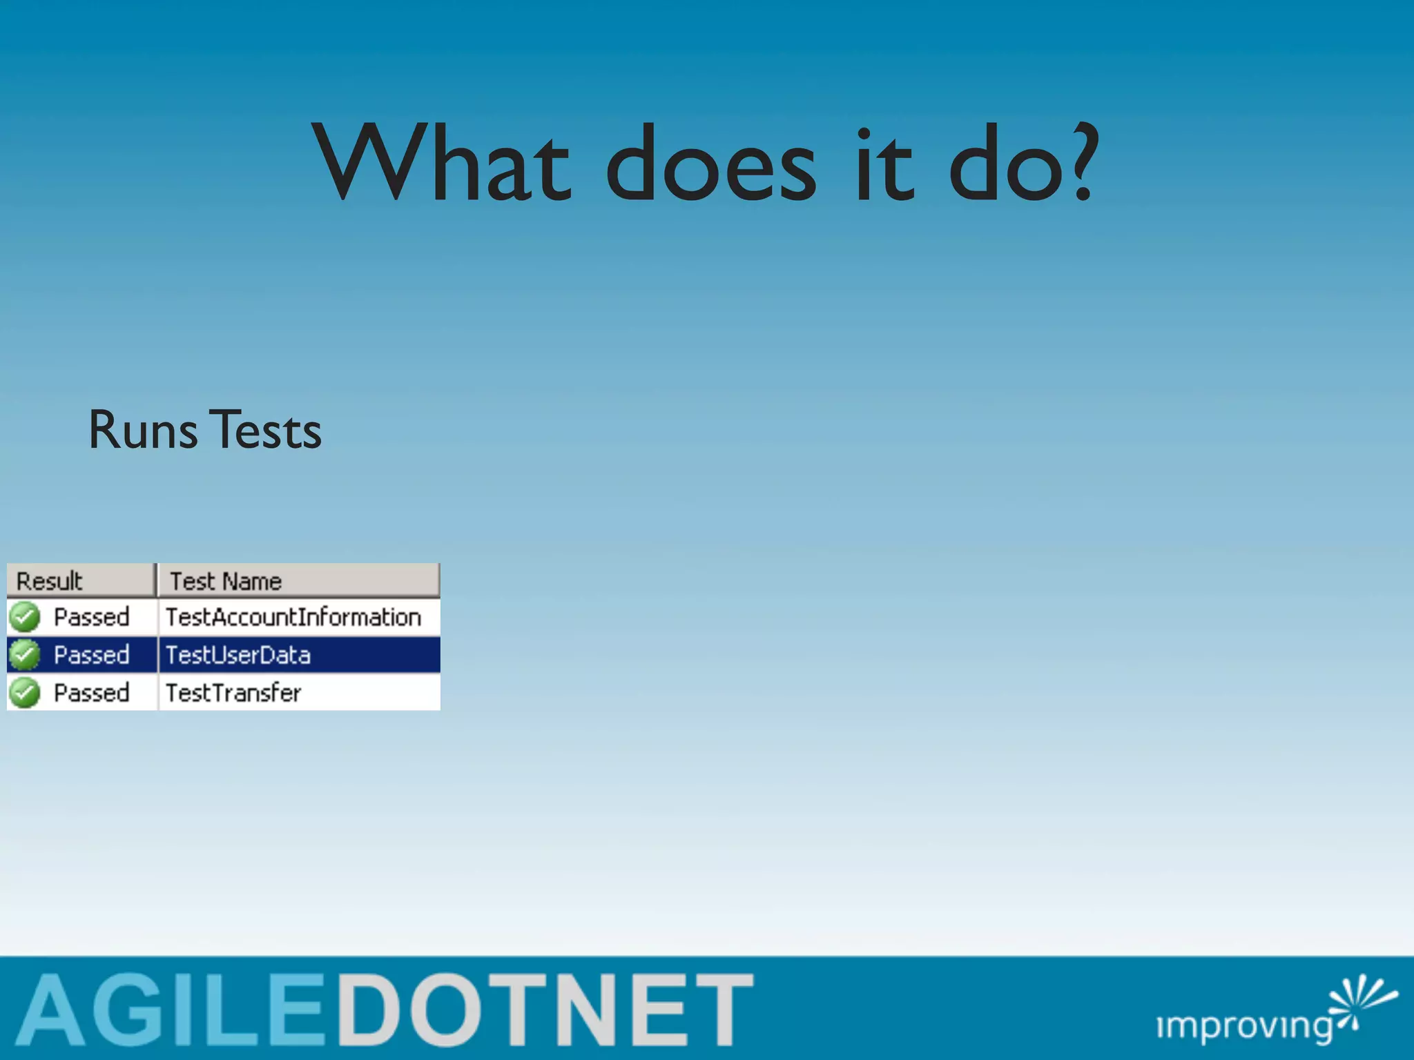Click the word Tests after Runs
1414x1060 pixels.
coord(265,431)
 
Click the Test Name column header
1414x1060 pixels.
coord(226,581)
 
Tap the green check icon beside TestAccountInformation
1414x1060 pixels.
coord(25,617)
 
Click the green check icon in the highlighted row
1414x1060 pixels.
coord(25,654)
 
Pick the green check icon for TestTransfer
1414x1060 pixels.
coord(25,692)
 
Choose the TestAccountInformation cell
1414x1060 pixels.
coord(293,617)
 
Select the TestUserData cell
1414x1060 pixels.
coord(238,655)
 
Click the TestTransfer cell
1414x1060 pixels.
coord(233,693)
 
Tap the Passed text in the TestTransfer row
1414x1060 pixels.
coord(92,693)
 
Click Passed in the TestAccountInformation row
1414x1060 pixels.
coord(92,617)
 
